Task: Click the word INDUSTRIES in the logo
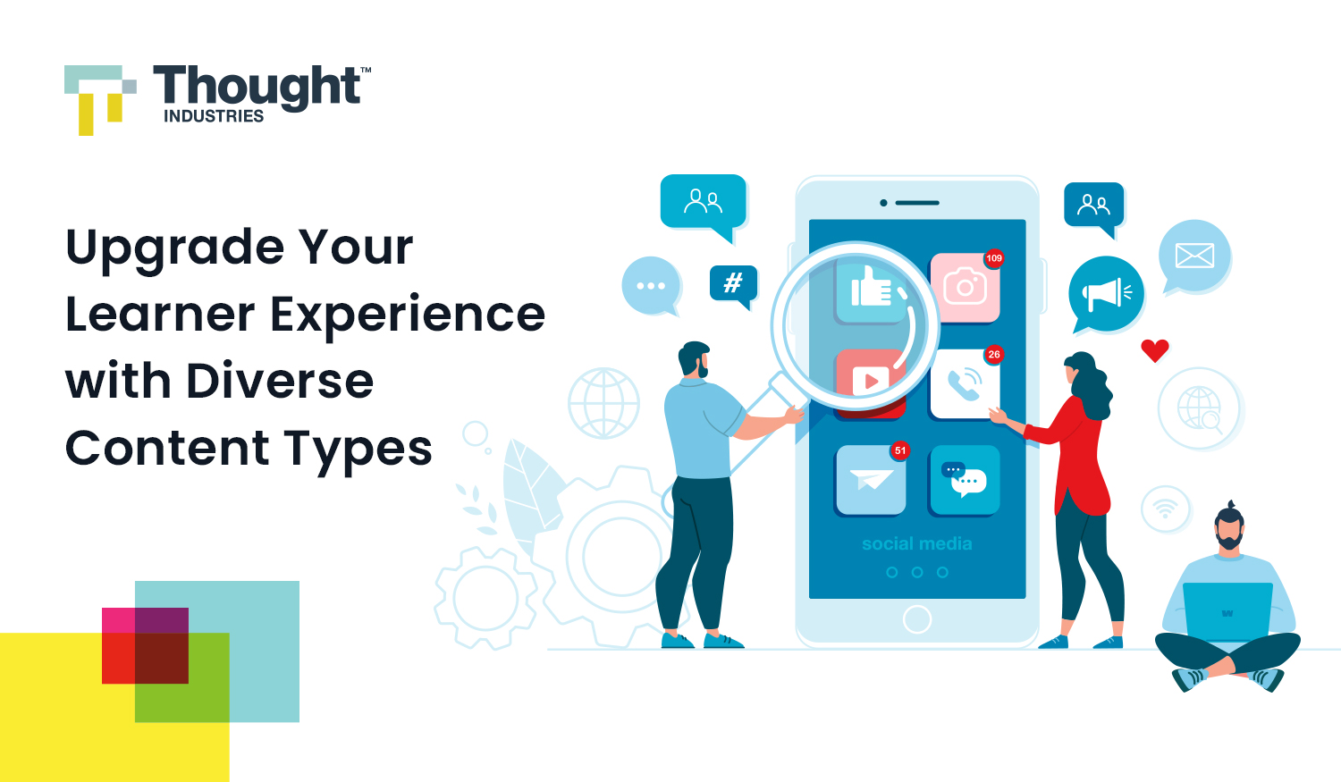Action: (214, 116)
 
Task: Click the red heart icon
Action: (1155, 349)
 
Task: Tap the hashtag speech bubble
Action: (733, 283)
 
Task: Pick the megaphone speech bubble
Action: (1106, 293)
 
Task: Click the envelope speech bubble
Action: (1194, 256)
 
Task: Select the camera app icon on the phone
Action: (965, 288)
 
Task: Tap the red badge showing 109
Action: (994, 258)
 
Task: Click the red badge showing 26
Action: (994, 355)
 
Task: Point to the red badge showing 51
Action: (900, 450)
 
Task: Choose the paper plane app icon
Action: (870, 481)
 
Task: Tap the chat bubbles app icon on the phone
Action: (965, 480)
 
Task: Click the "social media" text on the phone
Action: (916, 543)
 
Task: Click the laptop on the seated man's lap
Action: (1227, 611)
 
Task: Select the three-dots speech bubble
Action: (651, 286)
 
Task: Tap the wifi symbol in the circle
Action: (1165, 509)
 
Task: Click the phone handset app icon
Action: (965, 384)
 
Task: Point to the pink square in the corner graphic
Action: (118, 620)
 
